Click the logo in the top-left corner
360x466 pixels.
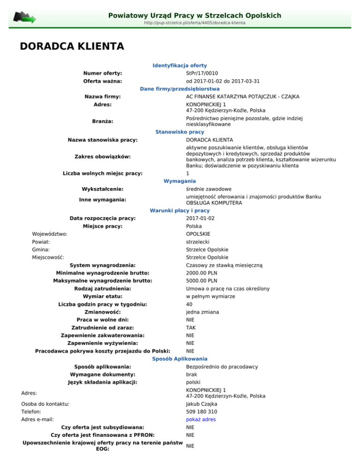click(24, 18)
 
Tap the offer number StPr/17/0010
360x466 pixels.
click(202, 73)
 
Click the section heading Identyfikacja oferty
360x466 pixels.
click(180, 66)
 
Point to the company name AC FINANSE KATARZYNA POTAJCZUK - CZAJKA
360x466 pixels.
click(242, 97)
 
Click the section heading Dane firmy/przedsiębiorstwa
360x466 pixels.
click(180, 89)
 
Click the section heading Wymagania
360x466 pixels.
click(180, 181)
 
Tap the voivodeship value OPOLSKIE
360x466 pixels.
click(198, 233)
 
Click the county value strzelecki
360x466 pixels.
click(199, 241)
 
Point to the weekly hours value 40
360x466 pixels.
click(189, 304)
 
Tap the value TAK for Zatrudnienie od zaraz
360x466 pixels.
click(191, 328)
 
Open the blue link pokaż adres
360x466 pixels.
click(201, 420)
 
